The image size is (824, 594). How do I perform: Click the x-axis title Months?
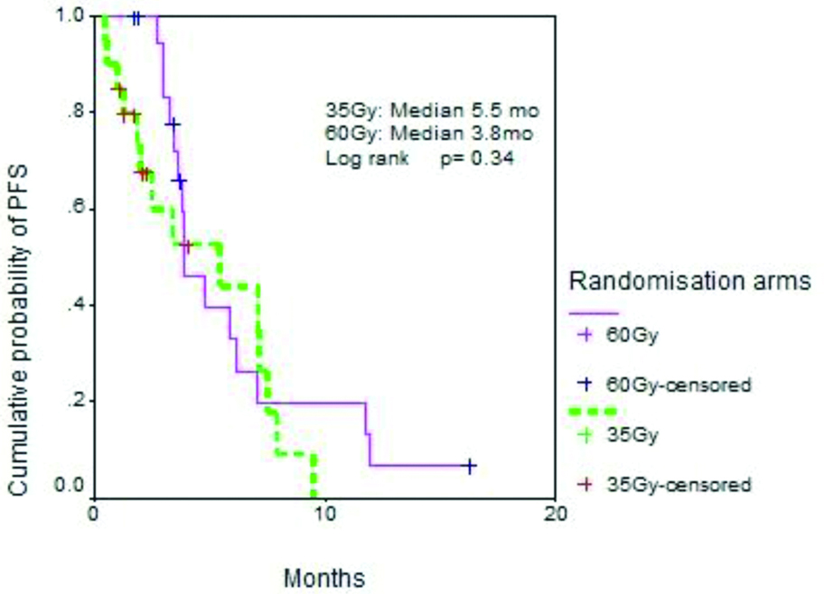tap(324, 576)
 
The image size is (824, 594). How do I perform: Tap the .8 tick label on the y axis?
tap(77, 112)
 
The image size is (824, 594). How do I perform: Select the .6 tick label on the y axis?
tap(77, 209)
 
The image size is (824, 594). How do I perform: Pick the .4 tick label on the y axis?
tap(77, 304)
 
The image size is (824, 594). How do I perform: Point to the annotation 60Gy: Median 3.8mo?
tap(428, 135)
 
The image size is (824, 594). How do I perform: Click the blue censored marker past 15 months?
tap(469, 466)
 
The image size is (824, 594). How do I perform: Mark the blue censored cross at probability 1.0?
tap(136, 16)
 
